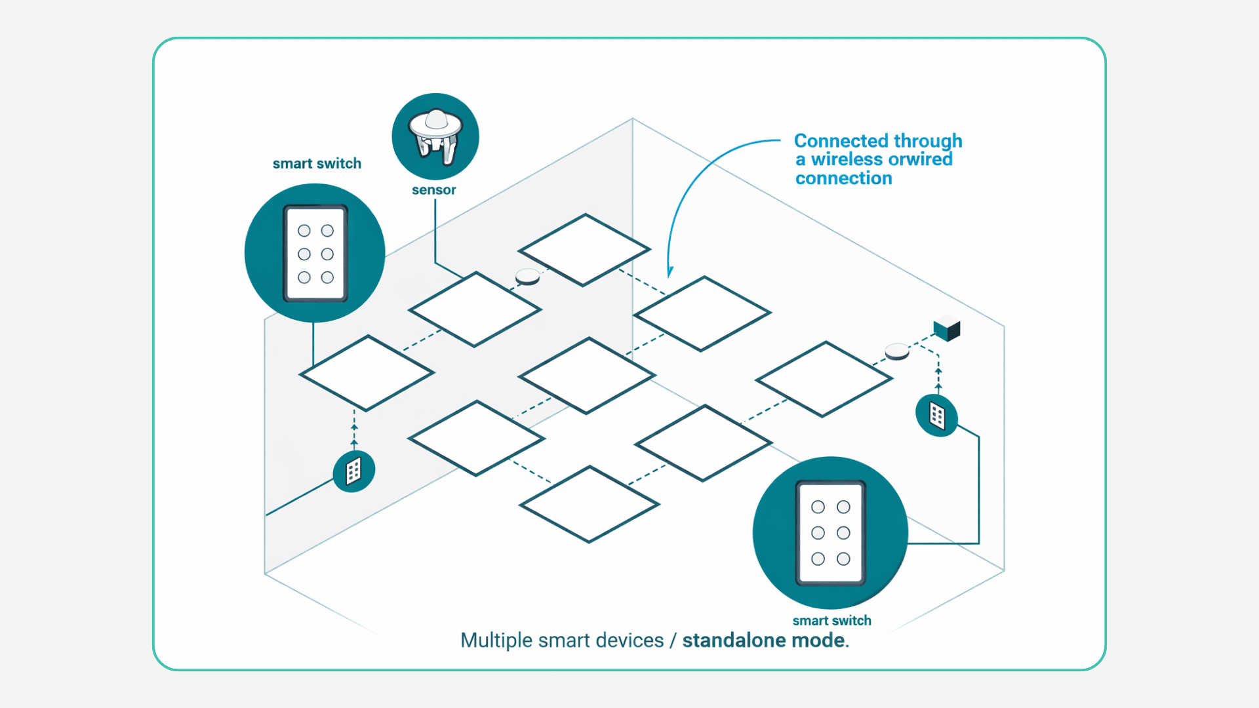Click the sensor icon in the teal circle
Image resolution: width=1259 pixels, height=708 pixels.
(x=435, y=136)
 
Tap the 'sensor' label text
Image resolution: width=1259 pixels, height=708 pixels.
(x=433, y=190)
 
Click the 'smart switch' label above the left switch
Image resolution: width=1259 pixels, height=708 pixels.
(x=317, y=164)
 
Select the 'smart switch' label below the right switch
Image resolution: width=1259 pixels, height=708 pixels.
(x=831, y=621)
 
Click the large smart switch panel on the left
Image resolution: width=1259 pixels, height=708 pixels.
(x=315, y=254)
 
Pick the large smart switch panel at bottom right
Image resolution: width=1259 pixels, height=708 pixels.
(x=830, y=533)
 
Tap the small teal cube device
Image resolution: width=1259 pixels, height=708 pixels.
(x=947, y=328)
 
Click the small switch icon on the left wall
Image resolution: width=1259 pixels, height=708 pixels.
(x=354, y=471)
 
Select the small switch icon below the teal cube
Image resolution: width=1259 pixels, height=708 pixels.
(x=937, y=416)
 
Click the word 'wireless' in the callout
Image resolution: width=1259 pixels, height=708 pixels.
(x=847, y=159)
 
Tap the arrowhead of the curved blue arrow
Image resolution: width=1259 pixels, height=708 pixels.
(x=669, y=271)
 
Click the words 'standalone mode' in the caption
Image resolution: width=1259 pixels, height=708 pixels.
(x=763, y=640)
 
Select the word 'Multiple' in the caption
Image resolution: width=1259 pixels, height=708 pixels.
(x=496, y=640)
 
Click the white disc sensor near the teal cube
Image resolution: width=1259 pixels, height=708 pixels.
(x=897, y=352)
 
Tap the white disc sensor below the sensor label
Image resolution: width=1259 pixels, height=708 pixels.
(x=528, y=277)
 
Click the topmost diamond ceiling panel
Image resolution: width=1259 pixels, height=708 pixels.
(x=584, y=250)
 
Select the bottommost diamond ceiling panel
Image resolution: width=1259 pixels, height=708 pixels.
(x=589, y=504)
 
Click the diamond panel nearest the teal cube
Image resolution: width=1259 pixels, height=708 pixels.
(x=824, y=379)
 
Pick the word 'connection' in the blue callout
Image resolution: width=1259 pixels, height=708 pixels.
(x=843, y=178)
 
